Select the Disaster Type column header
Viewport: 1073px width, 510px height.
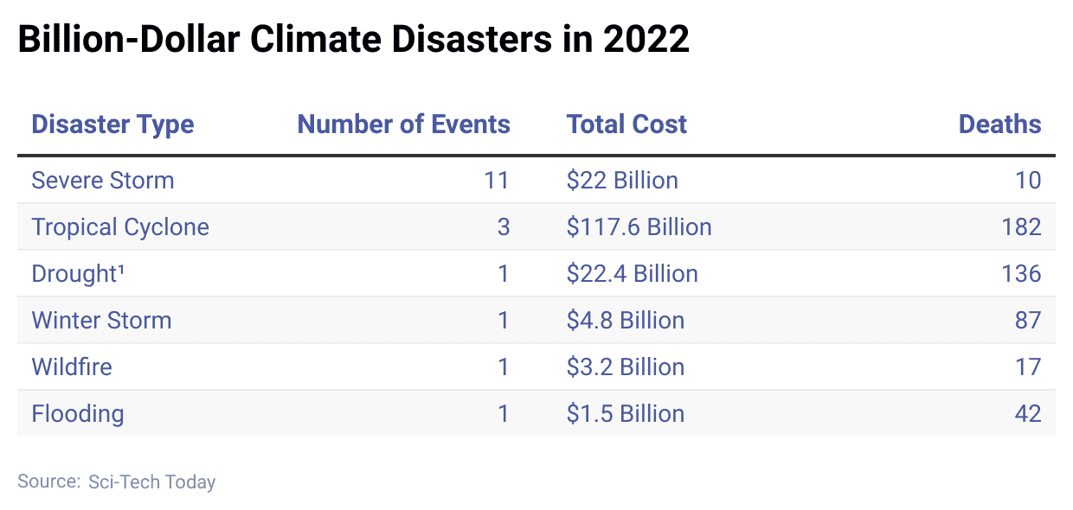[112, 124]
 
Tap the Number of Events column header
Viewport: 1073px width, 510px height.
[403, 124]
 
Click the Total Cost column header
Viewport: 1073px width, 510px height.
[626, 124]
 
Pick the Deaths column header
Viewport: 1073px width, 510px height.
[999, 124]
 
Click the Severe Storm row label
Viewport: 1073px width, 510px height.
[103, 181]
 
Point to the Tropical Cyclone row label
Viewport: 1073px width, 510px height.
[120, 227]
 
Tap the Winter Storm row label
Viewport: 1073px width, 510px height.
[101, 321]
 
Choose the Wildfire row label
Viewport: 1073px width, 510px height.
[72, 367]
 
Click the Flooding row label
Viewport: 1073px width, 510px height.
[78, 414]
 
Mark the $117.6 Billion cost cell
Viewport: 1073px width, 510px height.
[639, 227]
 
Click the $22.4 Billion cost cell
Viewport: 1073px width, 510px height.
[632, 274]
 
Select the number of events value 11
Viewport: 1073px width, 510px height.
[497, 181]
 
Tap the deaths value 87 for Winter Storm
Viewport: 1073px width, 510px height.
[1027, 321]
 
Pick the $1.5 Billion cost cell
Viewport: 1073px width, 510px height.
[625, 414]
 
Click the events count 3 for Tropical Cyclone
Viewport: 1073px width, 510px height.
[504, 227]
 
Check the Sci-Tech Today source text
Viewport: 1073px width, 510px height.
[151, 482]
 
